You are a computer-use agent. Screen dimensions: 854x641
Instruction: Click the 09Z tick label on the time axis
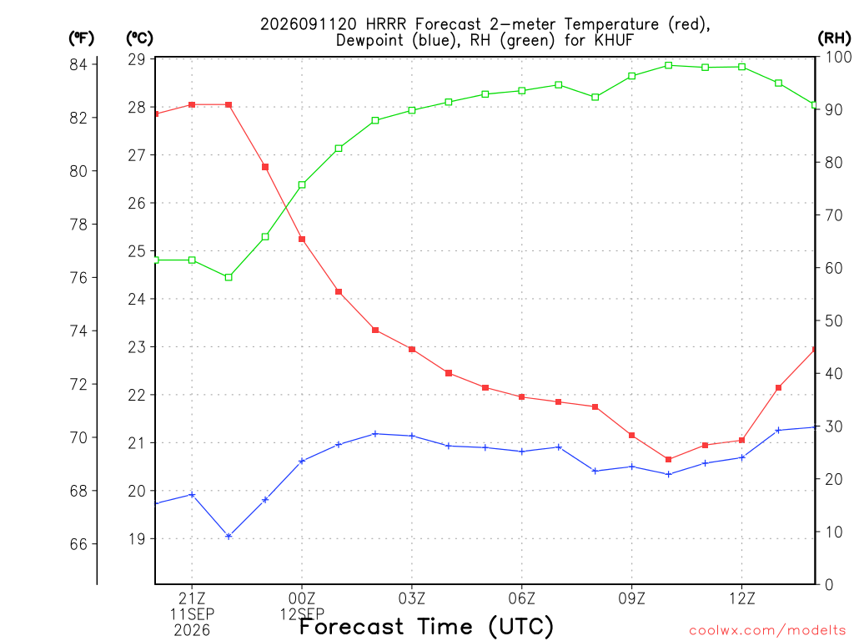point(632,599)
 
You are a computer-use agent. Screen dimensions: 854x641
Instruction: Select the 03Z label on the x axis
point(412,599)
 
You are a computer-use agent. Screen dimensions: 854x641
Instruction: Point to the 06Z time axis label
point(522,599)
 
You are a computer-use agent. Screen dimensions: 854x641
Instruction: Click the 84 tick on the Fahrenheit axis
point(78,64)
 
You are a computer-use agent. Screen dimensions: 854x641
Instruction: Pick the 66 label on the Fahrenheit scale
point(78,544)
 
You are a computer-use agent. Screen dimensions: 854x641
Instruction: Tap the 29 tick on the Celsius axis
point(137,59)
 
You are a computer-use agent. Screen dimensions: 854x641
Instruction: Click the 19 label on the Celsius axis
point(137,539)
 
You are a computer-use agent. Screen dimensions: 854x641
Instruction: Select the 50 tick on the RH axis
point(833,321)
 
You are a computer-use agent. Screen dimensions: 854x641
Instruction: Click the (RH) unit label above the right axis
point(834,38)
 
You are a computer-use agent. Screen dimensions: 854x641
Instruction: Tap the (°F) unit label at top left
point(81,38)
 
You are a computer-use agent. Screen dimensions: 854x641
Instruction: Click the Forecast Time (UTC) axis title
point(426,627)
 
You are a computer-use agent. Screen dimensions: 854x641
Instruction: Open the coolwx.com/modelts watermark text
point(767,631)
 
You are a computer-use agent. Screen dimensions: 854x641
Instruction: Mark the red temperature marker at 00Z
point(302,240)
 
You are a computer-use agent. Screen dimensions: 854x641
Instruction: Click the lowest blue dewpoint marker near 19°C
point(229,537)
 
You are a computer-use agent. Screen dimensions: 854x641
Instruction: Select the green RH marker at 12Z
point(741,67)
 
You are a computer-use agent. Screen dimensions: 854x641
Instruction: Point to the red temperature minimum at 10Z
point(669,460)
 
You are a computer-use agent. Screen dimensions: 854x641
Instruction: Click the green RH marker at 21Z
point(192,260)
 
